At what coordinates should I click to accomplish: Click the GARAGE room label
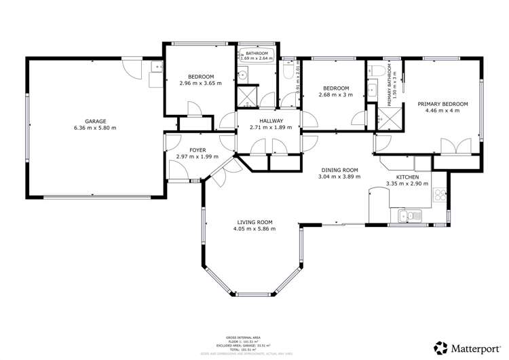95,122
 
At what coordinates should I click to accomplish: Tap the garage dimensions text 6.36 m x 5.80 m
95,128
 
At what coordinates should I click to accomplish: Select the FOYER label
197,151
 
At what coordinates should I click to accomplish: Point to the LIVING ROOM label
254,222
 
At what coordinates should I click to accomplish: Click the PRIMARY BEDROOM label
442,104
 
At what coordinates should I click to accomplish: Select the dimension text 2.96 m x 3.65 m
201,83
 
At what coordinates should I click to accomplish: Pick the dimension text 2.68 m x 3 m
336,95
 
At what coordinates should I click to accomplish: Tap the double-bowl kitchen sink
410,216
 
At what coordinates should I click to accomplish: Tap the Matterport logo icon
440,346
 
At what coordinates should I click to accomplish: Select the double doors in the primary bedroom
454,147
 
